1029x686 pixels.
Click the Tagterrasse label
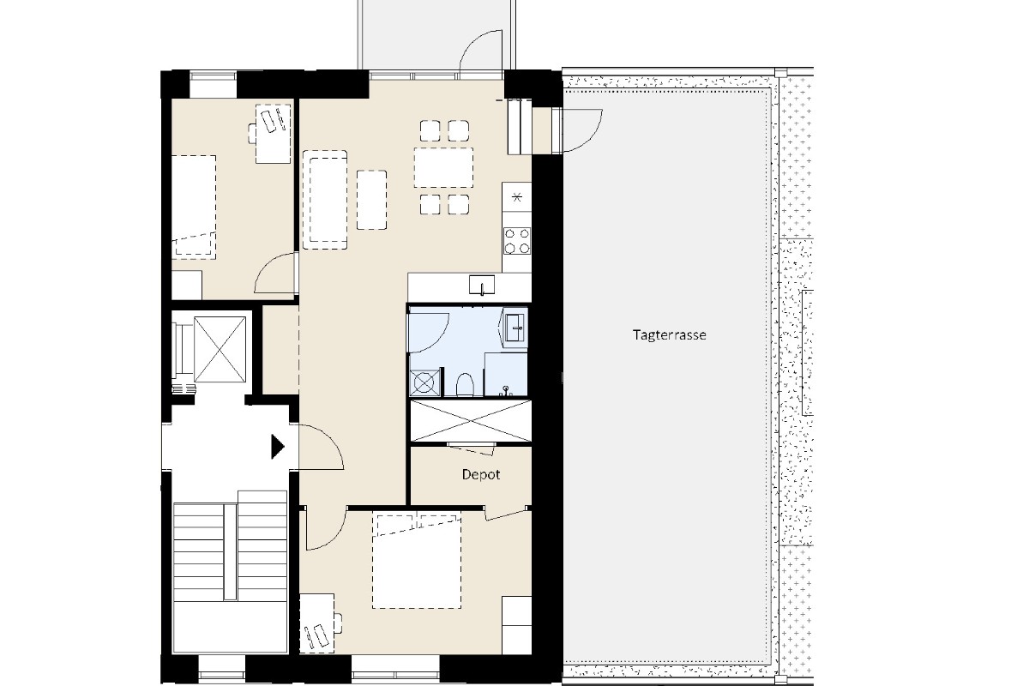tap(670, 334)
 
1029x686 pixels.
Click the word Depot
tap(481, 475)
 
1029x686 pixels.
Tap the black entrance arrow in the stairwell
tap(278, 447)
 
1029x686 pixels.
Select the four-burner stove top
tap(517, 241)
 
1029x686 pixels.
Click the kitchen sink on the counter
tap(482, 285)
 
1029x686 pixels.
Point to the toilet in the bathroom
tap(465, 384)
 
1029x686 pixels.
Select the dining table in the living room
tap(444, 167)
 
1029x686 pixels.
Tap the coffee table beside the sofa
tap(371, 200)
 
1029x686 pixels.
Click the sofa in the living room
tap(325, 200)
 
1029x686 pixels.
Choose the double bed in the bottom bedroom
tap(417, 562)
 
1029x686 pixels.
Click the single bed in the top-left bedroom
tap(194, 208)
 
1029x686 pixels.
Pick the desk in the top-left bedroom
tap(273, 134)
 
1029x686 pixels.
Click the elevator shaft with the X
tap(220, 349)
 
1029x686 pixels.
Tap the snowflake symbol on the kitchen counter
tap(517, 197)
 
